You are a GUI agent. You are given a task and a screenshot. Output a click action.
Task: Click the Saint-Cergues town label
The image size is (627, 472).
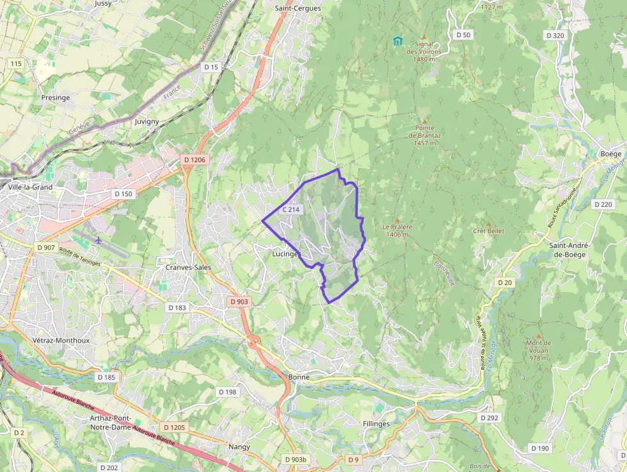[298, 8]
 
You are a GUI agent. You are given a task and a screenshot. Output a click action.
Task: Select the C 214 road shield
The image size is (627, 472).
[291, 209]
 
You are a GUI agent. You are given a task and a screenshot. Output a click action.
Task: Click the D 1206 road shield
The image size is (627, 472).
[194, 159]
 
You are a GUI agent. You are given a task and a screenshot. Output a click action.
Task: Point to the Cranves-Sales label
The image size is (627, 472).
[188, 267]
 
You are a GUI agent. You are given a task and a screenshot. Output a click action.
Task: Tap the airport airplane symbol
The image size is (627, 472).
[99, 240]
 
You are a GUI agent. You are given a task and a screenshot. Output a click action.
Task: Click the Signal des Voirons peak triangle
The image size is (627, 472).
[424, 37]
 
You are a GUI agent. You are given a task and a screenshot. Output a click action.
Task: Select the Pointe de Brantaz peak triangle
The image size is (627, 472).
[424, 120]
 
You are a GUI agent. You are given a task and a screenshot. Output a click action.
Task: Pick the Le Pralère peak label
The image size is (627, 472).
[397, 230]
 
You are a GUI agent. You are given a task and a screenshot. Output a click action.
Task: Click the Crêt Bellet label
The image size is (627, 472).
[489, 231]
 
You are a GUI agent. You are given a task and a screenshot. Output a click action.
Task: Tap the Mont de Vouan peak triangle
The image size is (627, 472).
[538, 336]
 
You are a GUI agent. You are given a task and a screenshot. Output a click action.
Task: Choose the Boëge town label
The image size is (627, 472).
[611, 154]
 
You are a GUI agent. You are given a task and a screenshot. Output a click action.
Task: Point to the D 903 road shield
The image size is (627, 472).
[239, 302]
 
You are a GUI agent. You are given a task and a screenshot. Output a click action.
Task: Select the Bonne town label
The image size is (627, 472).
[299, 377]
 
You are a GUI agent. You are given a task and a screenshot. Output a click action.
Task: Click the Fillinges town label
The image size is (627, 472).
[376, 424]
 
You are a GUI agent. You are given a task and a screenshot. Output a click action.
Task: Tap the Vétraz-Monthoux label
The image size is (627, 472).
[61, 341]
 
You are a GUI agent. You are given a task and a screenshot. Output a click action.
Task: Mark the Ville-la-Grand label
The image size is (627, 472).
[30, 188]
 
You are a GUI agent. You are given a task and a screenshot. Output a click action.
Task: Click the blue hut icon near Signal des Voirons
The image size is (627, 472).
[398, 42]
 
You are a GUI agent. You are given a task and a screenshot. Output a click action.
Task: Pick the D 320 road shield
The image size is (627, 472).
[555, 35]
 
